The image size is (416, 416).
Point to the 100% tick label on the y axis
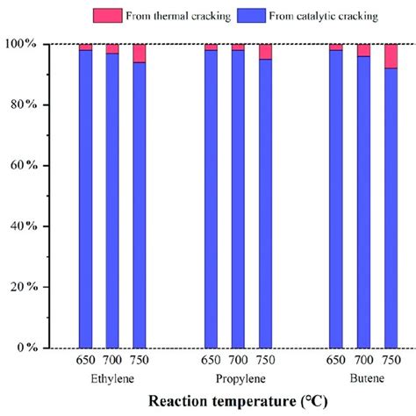41,44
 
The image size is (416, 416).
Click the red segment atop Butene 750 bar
391,56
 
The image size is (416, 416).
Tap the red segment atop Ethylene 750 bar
140,53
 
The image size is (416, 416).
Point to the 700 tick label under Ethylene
112,360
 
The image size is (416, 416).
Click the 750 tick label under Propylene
265,360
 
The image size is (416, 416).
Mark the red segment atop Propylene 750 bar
265,52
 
